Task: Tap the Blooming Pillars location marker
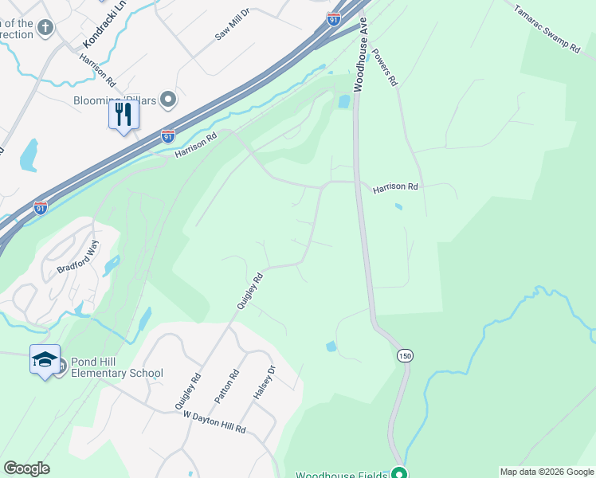pyautogui.click(x=167, y=100)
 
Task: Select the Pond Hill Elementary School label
pyautogui.click(x=116, y=367)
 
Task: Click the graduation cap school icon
pyautogui.click(x=45, y=360)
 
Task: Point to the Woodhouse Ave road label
pyautogui.click(x=360, y=54)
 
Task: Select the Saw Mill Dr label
pyautogui.click(x=233, y=30)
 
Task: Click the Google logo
pyautogui.click(x=26, y=468)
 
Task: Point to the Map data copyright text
pyautogui.click(x=547, y=472)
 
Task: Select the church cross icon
pyautogui.click(x=46, y=28)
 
